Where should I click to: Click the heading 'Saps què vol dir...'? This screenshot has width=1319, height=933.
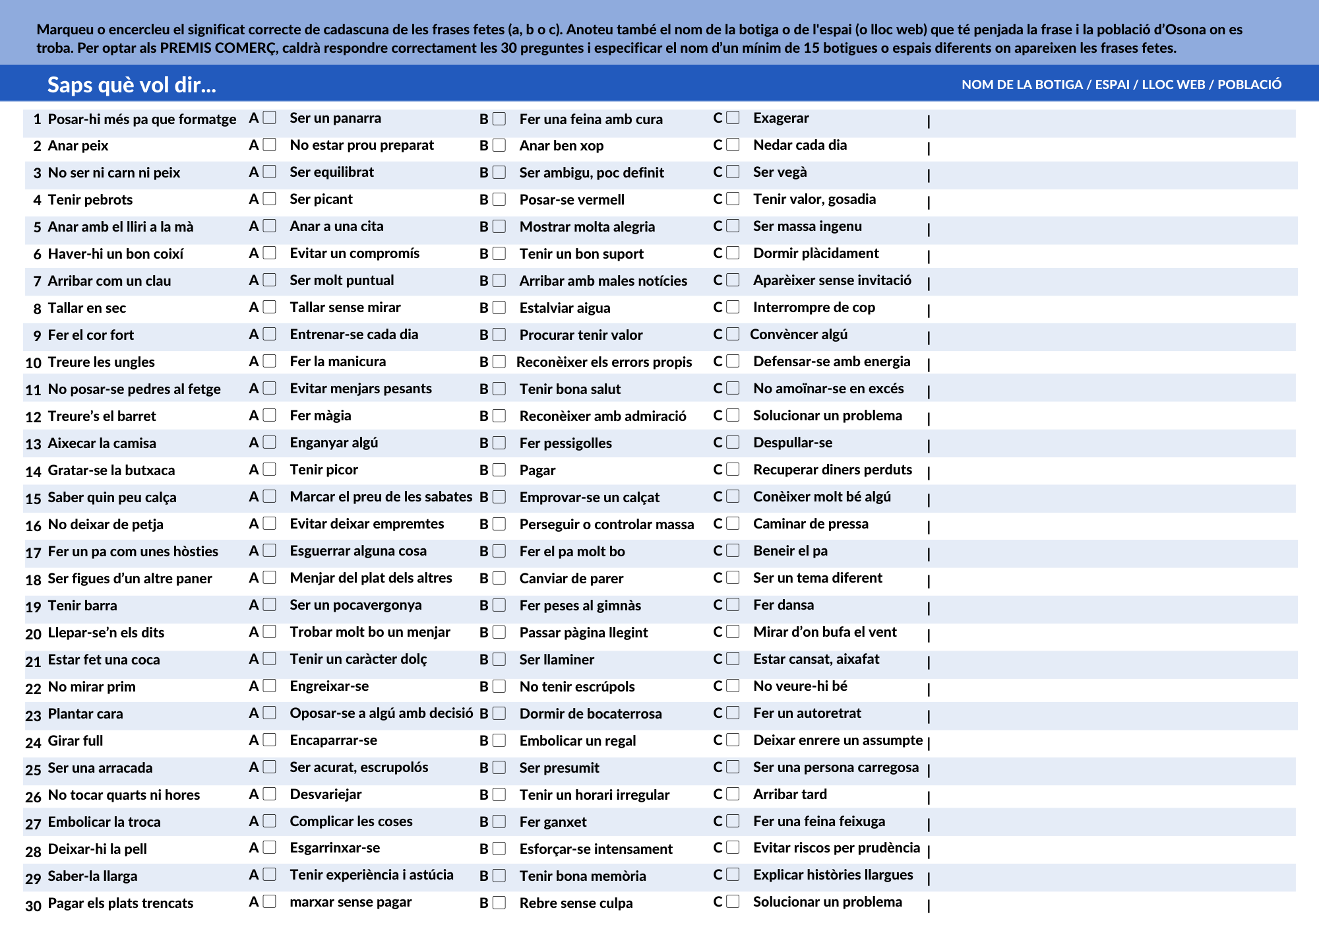131,84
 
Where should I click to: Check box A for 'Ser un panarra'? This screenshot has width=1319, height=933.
269,117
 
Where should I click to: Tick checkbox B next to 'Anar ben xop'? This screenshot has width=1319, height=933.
499,145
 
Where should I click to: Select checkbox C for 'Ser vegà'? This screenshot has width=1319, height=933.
733,172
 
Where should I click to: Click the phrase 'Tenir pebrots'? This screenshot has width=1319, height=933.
90,199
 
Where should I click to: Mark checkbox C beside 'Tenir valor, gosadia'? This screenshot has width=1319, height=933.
733,199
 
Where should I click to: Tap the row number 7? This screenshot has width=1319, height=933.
37,281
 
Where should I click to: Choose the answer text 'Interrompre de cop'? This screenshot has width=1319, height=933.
814,307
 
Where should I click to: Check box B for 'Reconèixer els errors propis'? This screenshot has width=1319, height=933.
499,362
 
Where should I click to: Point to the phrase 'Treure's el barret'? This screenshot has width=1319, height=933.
102,416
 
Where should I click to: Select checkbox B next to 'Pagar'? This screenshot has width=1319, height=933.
499,470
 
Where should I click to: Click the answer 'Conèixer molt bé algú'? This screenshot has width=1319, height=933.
822,496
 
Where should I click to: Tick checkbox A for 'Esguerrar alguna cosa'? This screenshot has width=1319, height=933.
269,550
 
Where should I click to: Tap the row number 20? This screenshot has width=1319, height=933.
33,633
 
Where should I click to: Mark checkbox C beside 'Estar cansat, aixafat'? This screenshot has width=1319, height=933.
733,659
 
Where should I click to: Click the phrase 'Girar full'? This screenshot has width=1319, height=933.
76,740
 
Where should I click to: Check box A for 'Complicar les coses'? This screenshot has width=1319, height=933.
269,821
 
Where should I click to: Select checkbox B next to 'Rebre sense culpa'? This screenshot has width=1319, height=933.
499,903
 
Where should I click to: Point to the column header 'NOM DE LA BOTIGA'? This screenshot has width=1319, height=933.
1022,84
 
